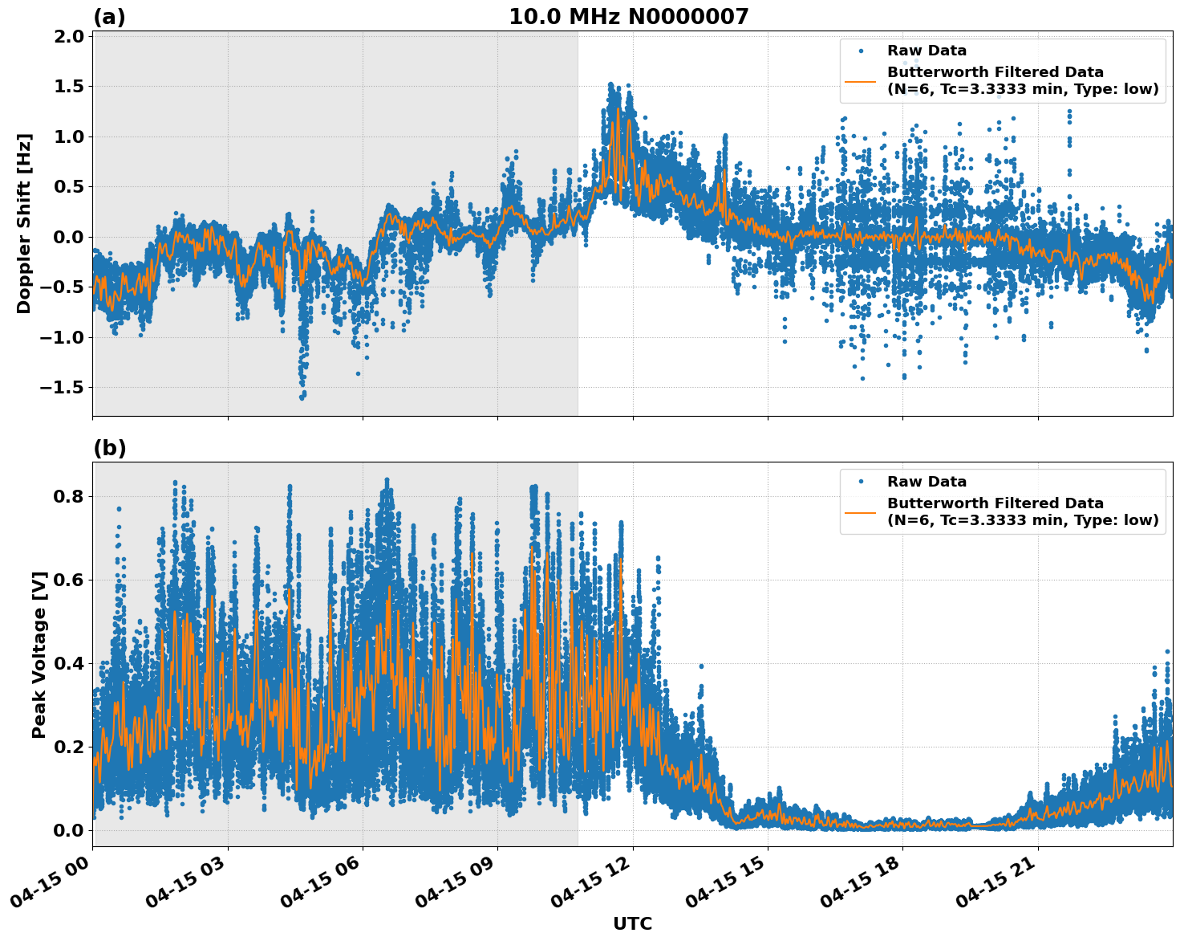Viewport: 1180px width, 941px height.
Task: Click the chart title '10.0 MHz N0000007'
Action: [x=628, y=17]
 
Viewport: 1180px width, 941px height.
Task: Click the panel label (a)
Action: [x=109, y=17]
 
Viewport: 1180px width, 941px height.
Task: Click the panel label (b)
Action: [x=109, y=448]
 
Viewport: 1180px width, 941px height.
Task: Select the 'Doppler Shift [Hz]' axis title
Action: [x=24, y=223]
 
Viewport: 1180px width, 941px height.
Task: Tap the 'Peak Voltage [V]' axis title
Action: [x=39, y=654]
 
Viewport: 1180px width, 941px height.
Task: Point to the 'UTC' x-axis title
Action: [x=632, y=923]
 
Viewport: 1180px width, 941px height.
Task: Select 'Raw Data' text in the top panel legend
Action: [x=927, y=51]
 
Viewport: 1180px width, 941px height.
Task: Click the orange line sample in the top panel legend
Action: [x=860, y=80]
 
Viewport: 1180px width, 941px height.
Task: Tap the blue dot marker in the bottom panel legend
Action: [x=860, y=482]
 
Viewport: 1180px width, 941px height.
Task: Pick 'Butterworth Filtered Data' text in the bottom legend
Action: [x=995, y=503]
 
